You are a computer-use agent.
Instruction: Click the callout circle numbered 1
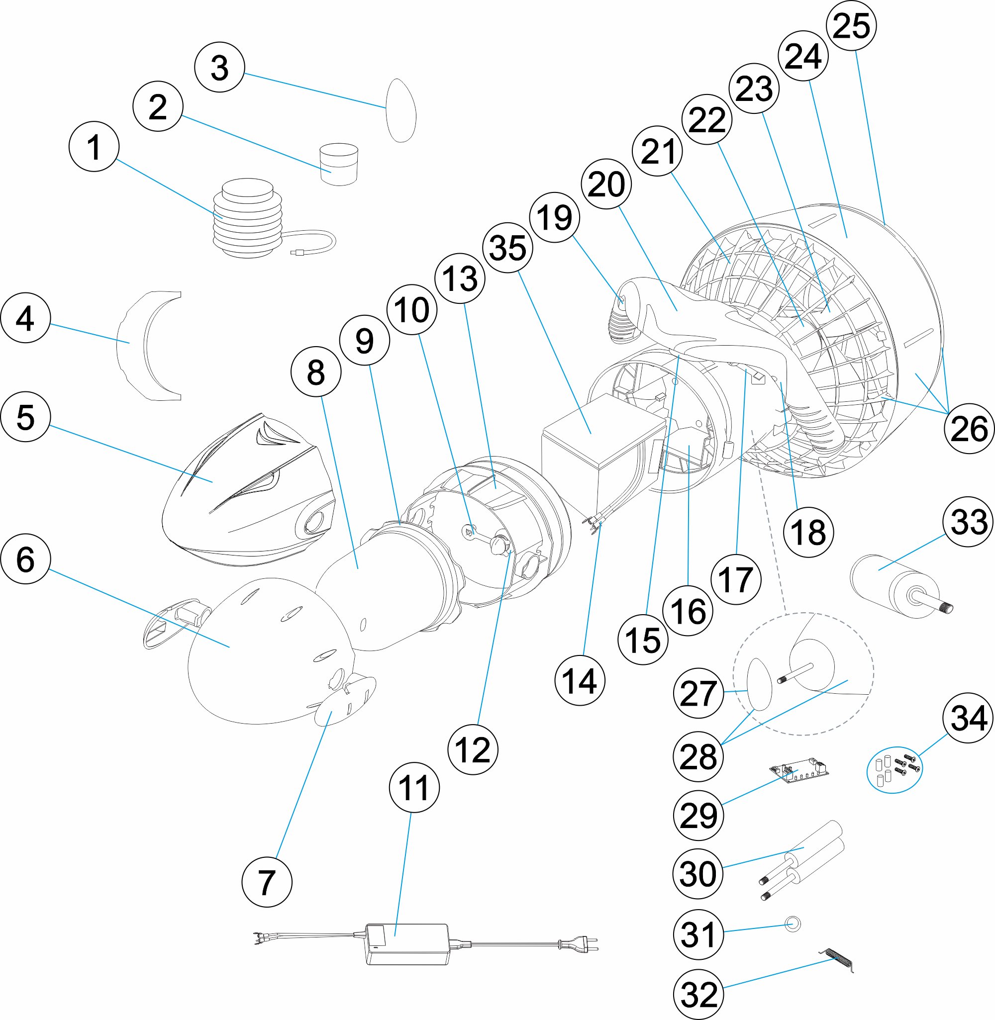(x=94, y=147)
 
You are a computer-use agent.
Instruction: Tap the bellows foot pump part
(x=248, y=219)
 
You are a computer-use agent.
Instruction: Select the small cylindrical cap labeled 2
(x=339, y=164)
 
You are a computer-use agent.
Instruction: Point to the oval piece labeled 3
(x=401, y=111)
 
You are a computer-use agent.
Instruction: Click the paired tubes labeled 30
(x=805, y=856)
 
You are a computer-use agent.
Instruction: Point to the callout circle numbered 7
(x=267, y=882)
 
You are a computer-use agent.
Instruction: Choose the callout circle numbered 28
(x=698, y=756)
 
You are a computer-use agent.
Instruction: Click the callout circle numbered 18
(x=808, y=533)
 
